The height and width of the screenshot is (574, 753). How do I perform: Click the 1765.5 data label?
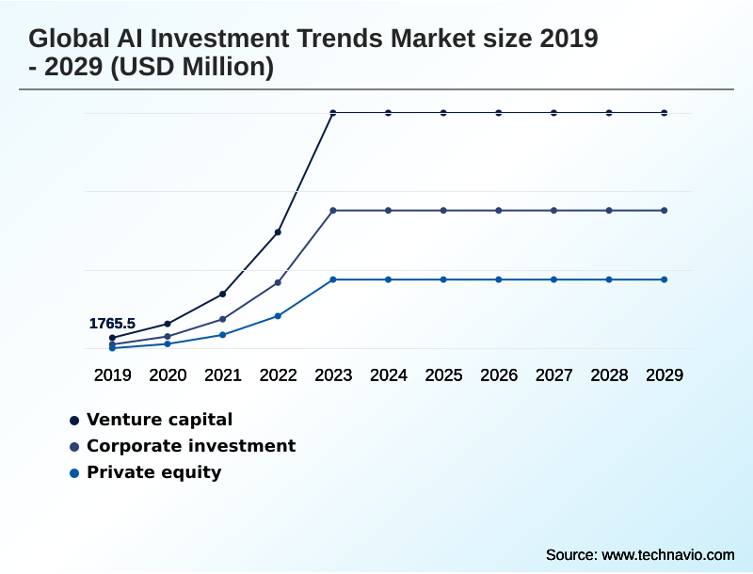(x=112, y=324)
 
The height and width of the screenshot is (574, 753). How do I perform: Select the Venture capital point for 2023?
(x=333, y=113)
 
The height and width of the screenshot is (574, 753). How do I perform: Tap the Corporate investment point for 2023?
(x=333, y=210)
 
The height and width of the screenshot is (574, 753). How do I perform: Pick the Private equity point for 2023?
(x=333, y=279)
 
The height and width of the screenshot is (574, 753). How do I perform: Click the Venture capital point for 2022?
(x=278, y=231)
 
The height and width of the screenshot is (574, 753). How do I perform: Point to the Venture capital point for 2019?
(x=112, y=338)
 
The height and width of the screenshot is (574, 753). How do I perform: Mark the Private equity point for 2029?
(x=665, y=279)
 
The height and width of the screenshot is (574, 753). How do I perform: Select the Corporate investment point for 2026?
(x=499, y=210)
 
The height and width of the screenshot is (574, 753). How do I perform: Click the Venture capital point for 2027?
(x=554, y=113)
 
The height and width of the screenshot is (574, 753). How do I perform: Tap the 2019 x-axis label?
(x=112, y=375)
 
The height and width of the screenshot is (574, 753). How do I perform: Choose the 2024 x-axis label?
(x=389, y=375)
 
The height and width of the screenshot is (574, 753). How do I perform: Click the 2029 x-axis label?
(x=665, y=375)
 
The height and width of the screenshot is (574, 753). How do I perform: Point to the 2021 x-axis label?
(x=223, y=375)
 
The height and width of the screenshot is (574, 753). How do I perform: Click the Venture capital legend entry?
(x=159, y=420)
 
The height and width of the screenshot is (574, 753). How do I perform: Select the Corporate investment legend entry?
(x=190, y=446)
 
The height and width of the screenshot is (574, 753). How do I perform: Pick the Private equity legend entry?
(x=153, y=472)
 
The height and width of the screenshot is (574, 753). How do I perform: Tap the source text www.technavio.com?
(x=667, y=554)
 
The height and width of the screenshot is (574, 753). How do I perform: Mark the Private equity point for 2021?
(x=223, y=335)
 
